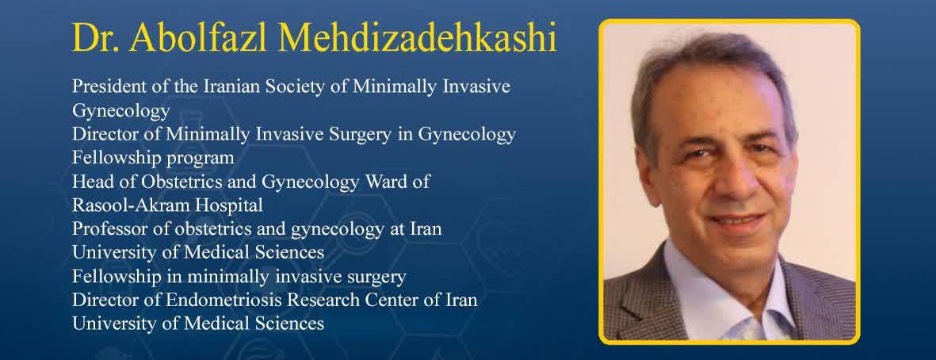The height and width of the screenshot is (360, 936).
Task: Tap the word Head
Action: [88, 182]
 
